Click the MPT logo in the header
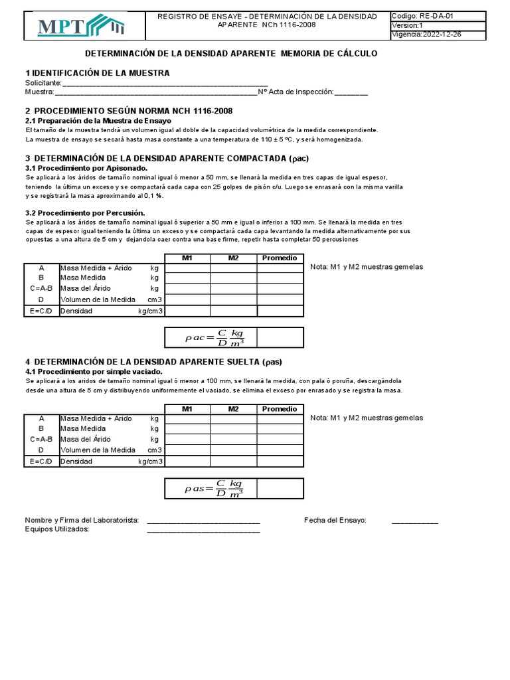(x=82, y=26)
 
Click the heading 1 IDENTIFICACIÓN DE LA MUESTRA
(x=97, y=72)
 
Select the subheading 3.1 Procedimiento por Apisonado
(x=86, y=169)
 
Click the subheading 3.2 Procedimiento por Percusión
(x=85, y=213)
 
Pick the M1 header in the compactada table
(x=187, y=258)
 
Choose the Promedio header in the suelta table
(x=280, y=409)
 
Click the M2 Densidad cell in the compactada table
(x=234, y=311)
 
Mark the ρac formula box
(x=211, y=338)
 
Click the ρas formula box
(x=211, y=489)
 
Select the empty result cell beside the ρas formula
(x=280, y=489)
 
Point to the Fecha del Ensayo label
(x=335, y=521)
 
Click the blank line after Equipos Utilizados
(x=203, y=530)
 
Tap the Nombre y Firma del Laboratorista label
(x=82, y=521)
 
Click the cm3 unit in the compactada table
(x=155, y=299)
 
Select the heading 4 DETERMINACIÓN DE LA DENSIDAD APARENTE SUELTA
(x=153, y=362)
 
